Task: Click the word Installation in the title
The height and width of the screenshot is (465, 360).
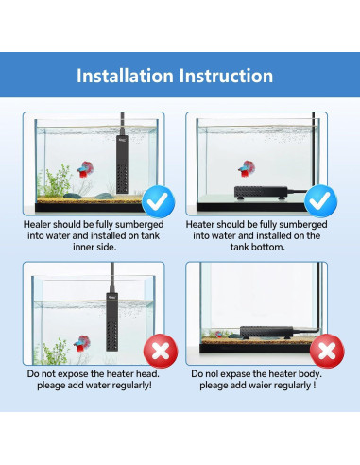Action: click(130, 75)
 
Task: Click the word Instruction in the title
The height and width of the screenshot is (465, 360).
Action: click(229, 75)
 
